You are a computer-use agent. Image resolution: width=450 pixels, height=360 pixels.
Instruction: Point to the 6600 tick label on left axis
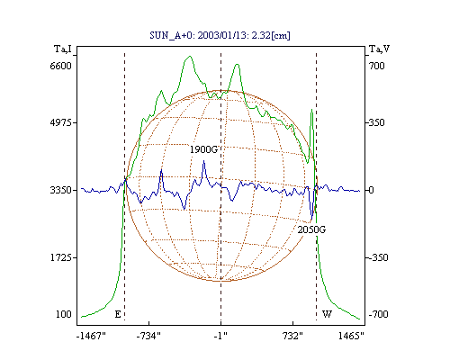pyautogui.click(x=61, y=66)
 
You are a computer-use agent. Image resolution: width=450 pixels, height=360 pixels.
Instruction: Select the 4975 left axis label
pyautogui.click(x=61, y=122)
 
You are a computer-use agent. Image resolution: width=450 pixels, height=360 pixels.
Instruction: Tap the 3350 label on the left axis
pyautogui.click(x=61, y=190)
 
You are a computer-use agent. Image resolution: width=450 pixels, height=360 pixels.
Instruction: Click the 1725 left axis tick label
pyautogui.click(x=61, y=257)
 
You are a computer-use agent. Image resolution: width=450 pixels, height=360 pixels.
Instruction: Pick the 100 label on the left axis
pyautogui.click(x=64, y=314)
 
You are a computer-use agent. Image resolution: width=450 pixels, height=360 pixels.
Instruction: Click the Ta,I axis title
pyautogui.click(x=63, y=49)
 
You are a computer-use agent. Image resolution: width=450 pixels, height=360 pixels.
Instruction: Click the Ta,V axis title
pyautogui.click(x=379, y=49)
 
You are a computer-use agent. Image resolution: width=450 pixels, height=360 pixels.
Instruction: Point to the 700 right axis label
pyautogui.click(x=377, y=66)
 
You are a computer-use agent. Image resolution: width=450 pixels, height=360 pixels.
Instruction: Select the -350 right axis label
pyautogui.click(x=378, y=257)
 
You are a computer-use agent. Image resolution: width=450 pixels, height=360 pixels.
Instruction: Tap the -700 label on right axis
pyautogui.click(x=378, y=314)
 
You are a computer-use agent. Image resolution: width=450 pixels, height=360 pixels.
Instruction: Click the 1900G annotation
pyautogui.click(x=203, y=149)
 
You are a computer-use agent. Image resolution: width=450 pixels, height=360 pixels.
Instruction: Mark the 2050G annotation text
pyautogui.click(x=311, y=229)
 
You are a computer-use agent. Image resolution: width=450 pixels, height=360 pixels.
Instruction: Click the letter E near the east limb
pyautogui.click(x=118, y=314)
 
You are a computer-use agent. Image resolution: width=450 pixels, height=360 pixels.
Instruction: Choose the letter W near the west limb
pyautogui.click(x=327, y=314)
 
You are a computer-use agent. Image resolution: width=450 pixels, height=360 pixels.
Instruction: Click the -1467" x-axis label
pyautogui.click(x=91, y=336)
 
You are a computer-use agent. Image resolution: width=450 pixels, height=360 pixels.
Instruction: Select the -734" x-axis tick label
pyautogui.click(x=148, y=336)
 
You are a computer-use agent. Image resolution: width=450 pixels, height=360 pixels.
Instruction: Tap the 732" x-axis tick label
pyautogui.click(x=292, y=336)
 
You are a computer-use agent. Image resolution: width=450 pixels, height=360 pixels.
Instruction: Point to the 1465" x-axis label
pyautogui.click(x=351, y=336)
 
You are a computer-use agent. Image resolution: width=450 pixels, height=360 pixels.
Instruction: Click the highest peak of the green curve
pyautogui.click(x=189, y=56)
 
